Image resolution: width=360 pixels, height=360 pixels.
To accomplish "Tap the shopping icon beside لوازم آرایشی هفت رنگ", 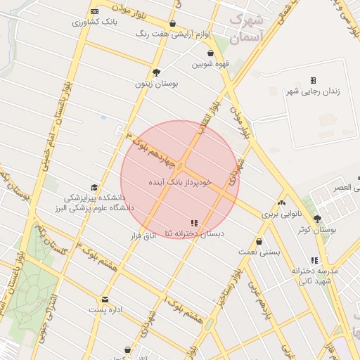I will [173, 24].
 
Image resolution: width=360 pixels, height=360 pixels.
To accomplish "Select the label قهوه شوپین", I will [210, 65].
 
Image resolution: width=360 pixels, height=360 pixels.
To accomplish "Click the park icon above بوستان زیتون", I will [156, 72].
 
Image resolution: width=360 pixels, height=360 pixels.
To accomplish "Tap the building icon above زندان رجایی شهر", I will [313, 80].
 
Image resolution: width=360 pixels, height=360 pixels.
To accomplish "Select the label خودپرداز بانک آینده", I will [180, 182].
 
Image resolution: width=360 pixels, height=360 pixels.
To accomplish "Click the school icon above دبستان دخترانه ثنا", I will [194, 223].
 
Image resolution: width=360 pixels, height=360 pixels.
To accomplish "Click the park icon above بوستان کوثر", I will [317, 219].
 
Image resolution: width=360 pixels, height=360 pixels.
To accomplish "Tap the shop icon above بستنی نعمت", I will [259, 240].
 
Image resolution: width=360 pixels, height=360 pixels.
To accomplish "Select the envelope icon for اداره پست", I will [105, 299].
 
